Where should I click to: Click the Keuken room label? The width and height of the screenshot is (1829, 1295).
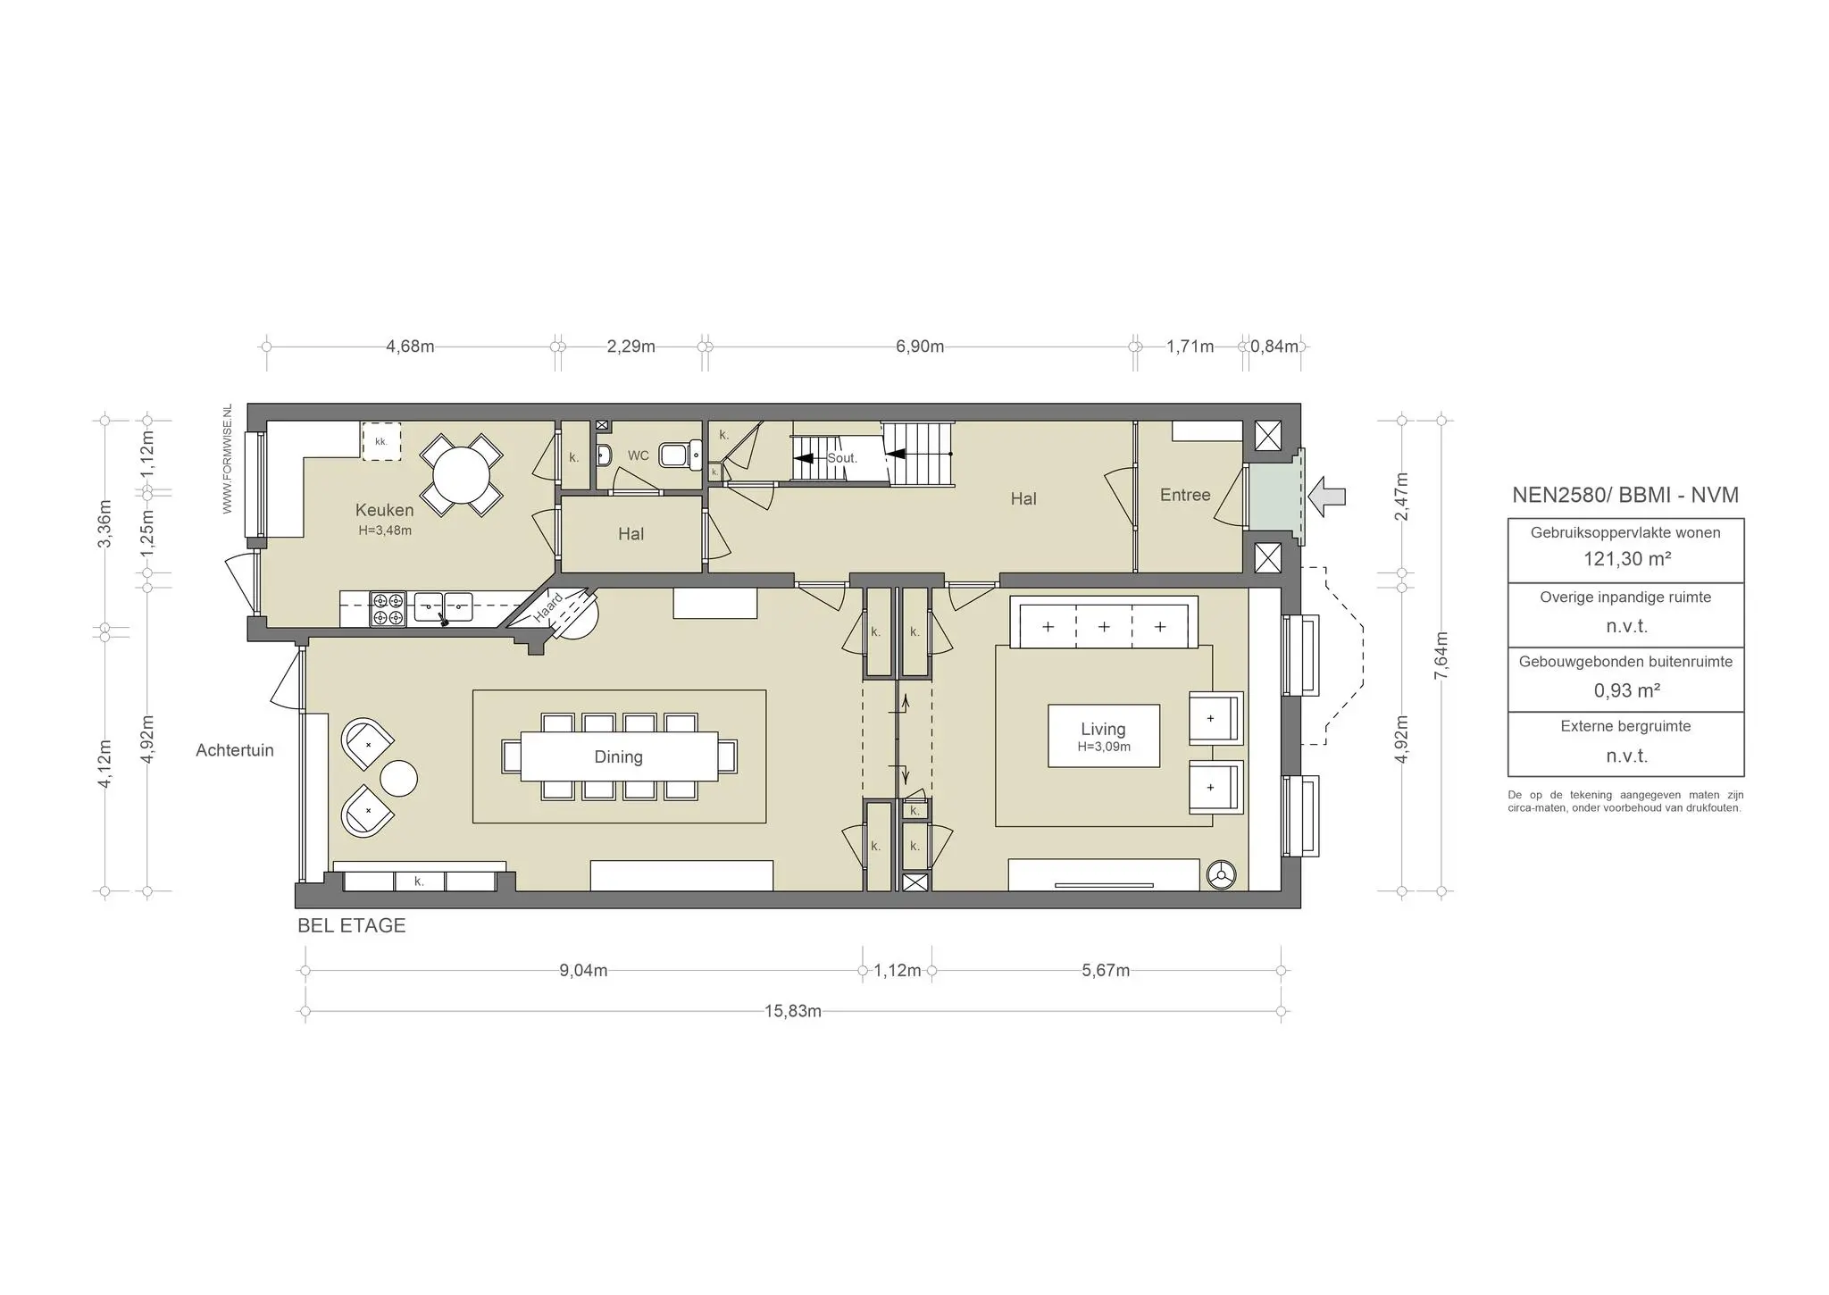tap(384, 510)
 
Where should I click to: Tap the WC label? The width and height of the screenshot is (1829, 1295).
tap(638, 455)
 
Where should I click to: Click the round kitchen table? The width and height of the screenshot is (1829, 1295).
tap(461, 475)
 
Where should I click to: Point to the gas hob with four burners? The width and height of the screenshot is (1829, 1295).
tap(388, 608)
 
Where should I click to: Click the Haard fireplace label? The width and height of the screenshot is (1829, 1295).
tap(548, 608)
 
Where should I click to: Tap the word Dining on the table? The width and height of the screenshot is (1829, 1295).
tap(618, 756)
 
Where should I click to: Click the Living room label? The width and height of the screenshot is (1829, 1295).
tap(1103, 729)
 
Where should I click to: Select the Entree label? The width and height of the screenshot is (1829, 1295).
tap(1185, 495)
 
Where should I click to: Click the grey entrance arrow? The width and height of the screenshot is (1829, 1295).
tap(1327, 496)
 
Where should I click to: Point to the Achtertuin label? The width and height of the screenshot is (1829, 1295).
tap(235, 750)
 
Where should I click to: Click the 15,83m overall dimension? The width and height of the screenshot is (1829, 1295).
tap(793, 1011)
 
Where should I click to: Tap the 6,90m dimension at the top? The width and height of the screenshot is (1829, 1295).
tap(920, 347)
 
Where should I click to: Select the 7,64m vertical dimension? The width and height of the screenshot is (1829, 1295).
tap(1441, 656)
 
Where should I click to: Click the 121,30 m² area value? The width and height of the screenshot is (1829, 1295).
tap(1626, 559)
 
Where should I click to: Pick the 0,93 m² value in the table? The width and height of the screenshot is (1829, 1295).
tap(1626, 690)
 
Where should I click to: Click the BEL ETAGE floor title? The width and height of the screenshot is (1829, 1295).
tap(351, 926)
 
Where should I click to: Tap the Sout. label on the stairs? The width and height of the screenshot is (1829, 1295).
tap(842, 458)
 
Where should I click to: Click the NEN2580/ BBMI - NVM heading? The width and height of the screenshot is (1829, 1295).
tap(1625, 495)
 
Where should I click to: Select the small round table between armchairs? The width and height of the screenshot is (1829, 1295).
tap(398, 778)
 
